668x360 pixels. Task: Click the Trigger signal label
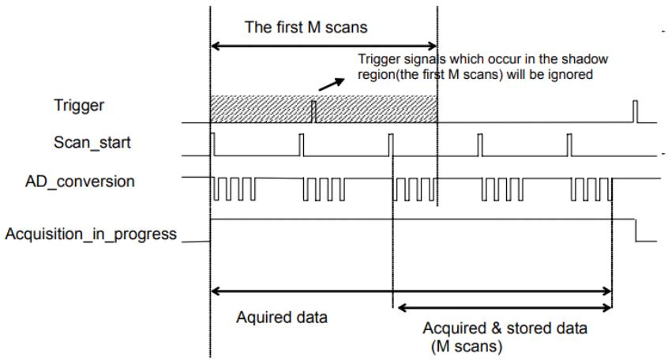(79, 105)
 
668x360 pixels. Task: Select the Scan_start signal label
(92, 142)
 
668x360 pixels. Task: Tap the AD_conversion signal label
(80, 182)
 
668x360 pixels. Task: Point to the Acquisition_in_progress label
(91, 234)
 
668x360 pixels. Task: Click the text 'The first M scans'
(306, 28)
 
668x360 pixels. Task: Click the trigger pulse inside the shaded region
(314, 111)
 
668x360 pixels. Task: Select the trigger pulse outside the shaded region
(635, 111)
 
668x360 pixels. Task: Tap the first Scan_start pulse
(213, 144)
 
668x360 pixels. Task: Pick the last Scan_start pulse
(569, 144)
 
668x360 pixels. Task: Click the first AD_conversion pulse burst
(235, 189)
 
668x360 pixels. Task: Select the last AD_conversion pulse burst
(591, 189)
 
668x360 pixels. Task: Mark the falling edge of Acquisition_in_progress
(636, 231)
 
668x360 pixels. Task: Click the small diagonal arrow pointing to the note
(332, 84)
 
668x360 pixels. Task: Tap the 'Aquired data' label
(282, 317)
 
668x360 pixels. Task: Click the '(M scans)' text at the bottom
(467, 346)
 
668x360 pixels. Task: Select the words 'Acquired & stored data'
(505, 328)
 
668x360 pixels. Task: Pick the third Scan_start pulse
(391, 144)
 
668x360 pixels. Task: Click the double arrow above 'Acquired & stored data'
(505, 308)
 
